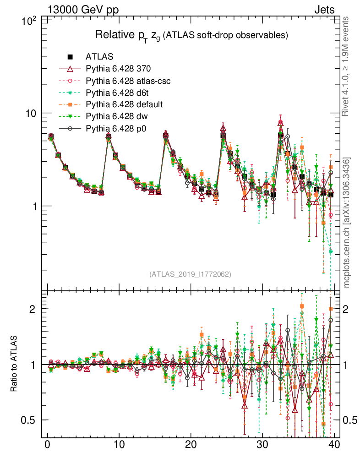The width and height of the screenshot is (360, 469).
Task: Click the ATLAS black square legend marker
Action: click(70, 57)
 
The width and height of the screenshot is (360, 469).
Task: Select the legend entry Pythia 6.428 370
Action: click(118, 69)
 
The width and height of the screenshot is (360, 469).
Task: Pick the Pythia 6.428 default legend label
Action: click(124, 104)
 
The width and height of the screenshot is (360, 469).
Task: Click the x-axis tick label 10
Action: click(119, 445)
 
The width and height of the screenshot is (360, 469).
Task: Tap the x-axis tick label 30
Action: click(262, 445)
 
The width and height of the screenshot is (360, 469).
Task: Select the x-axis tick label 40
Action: click(333, 445)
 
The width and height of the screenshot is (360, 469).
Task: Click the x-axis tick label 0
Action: click(47, 445)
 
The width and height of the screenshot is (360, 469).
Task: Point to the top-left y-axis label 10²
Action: click(30, 21)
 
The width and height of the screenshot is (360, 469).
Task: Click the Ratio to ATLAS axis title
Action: click(15, 365)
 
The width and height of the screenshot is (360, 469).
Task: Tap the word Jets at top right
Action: click(324, 10)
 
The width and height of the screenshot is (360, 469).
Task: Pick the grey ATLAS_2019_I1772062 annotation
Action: click(190, 274)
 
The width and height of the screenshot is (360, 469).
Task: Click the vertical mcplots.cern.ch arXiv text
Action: click(347, 222)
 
